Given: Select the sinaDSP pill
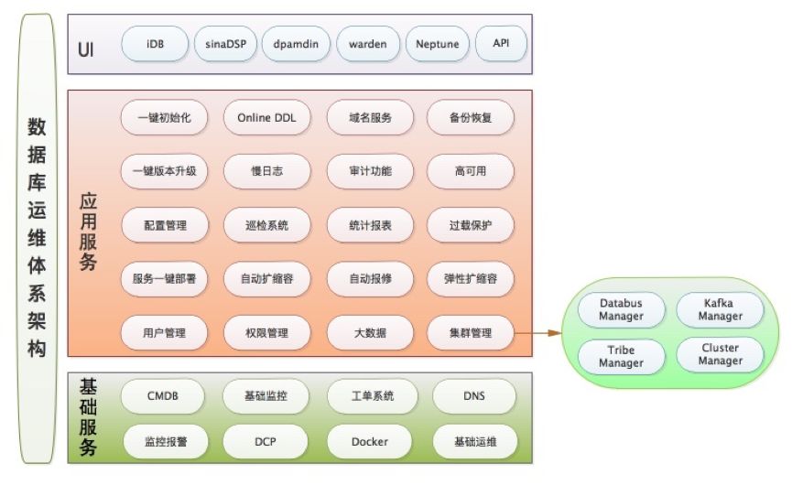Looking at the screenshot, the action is pyautogui.click(x=224, y=43).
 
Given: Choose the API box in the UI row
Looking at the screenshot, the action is pyautogui.click(x=501, y=43).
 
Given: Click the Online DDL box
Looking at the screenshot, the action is pyautogui.click(x=267, y=117).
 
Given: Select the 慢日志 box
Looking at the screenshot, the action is pyautogui.click(x=267, y=171).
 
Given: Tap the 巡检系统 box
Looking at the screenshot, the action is pyautogui.click(x=267, y=225).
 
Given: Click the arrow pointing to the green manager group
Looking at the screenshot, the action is pyautogui.click(x=540, y=333).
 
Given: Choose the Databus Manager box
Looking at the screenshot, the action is pyautogui.click(x=621, y=309).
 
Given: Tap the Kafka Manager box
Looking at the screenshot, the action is pyautogui.click(x=720, y=309).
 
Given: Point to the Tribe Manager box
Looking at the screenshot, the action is pyautogui.click(x=621, y=356).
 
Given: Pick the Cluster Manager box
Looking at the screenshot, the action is pyautogui.click(x=720, y=354).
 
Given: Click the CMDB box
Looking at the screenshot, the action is pyautogui.click(x=163, y=396).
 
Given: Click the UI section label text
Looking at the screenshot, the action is pyautogui.click(x=87, y=44).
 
